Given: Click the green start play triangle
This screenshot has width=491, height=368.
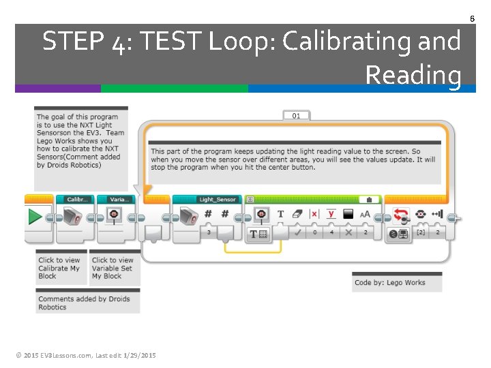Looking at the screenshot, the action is (x=35, y=217).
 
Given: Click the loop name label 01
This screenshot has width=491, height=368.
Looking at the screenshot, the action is (x=296, y=116).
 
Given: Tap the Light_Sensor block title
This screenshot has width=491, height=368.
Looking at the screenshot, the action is (x=217, y=200).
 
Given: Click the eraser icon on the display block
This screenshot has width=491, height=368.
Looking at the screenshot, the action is (x=297, y=214).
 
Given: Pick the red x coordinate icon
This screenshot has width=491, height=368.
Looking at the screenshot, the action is (x=314, y=214).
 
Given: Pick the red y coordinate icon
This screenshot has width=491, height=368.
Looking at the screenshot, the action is (x=331, y=214).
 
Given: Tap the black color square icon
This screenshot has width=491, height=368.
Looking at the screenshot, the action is (x=348, y=214).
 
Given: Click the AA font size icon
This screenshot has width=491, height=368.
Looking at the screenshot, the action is (x=365, y=215).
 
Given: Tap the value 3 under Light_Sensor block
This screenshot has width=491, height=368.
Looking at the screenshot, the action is (x=209, y=232).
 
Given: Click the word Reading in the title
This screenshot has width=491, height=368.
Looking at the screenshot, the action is (x=413, y=74).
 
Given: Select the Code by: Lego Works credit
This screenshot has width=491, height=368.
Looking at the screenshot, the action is (x=389, y=282).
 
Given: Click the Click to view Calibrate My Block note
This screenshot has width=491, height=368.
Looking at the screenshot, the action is (x=60, y=268).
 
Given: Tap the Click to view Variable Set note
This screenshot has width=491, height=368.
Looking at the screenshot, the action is (x=113, y=268).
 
